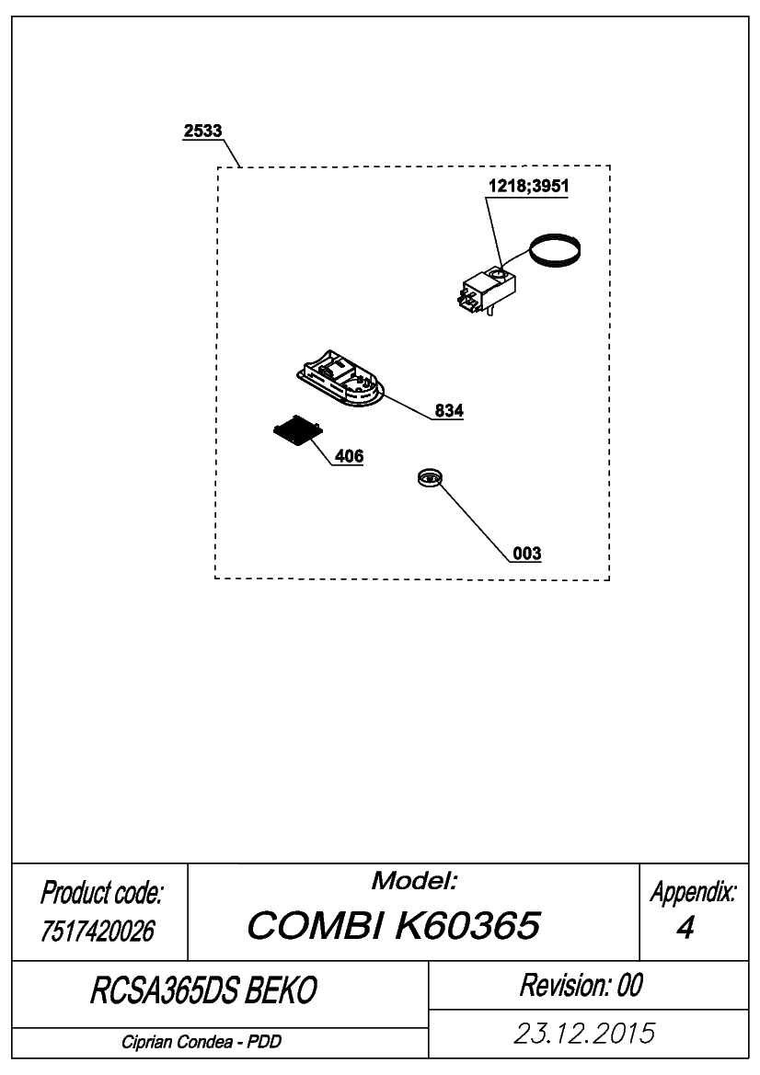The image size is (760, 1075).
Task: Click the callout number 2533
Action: [x=203, y=131]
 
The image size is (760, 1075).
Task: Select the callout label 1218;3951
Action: [x=528, y=186]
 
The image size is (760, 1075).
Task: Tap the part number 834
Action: [x=449, y=411]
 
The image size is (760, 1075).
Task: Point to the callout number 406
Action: [x=349, y=456]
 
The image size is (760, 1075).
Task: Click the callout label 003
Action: [x=527, y=554]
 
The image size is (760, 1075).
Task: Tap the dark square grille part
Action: [x=298, y=431]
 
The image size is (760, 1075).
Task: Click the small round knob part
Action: [x=430, y=477]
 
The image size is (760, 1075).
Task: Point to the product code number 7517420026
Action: [x=98, y=931]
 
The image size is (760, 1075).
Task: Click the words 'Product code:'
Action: [x=101, y=893]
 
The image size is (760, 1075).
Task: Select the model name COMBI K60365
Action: [x=394, y=925]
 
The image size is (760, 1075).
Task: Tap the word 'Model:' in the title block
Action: [x=414, y=881]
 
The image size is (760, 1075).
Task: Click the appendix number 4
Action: [x=685, y=928]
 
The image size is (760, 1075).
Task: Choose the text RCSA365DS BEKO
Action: [x=203, y=990]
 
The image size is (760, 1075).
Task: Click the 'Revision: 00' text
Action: [x=582, y=985]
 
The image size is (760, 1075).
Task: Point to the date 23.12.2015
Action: [x=584, y=1034]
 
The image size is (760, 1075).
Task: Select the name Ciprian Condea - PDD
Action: [x=202, y=1042]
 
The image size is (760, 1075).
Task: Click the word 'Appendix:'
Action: [x=694, y=892]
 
